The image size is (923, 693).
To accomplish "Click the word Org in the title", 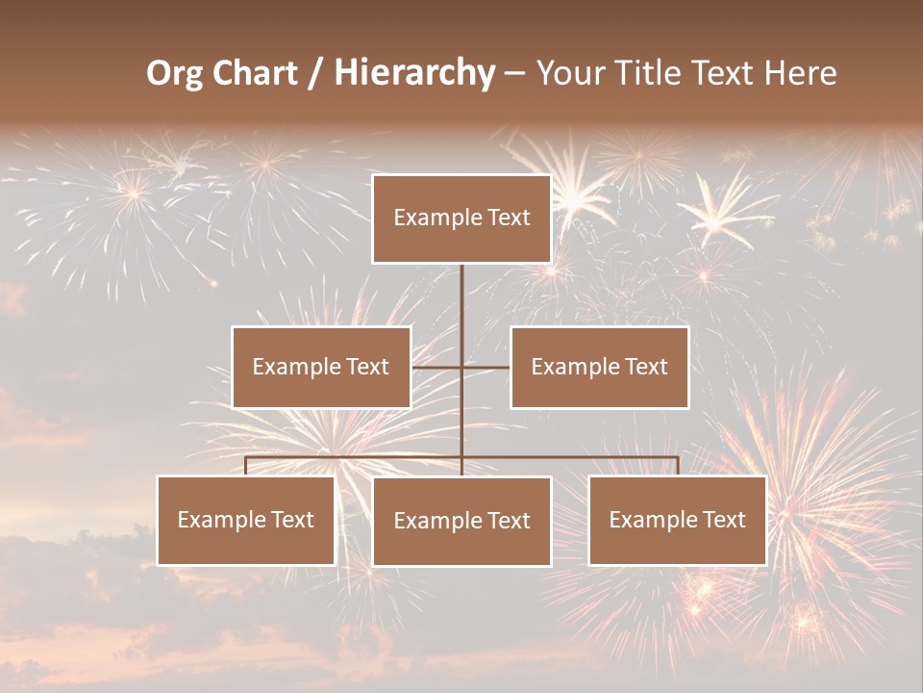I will pos(174,73).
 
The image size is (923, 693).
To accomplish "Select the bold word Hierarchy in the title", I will pos(414,73).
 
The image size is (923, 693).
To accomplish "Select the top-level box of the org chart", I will pos(461,218).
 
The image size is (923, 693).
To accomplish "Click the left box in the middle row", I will pos(321,367).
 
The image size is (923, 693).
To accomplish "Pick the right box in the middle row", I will pos(599,367).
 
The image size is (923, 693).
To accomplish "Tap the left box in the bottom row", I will pos(246,521).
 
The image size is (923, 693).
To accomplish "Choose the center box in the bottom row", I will pos(461,522).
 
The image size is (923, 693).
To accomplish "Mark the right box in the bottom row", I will pos(677,521).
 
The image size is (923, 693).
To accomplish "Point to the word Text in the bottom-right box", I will pos(723,521).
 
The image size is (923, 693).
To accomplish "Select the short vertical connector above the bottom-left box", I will pos(246,466).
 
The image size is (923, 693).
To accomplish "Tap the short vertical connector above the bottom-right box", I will pos(677,466).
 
